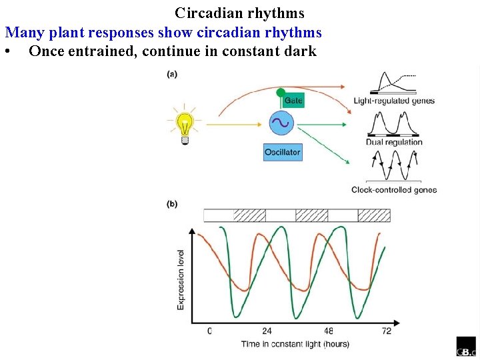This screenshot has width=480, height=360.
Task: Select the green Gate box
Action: [x=293, y=100]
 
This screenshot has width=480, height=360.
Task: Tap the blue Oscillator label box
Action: [x=283, y=152]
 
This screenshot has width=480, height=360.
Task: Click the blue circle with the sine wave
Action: [x=281, y=123]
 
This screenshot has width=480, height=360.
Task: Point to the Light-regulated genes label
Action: [x=394, y=101]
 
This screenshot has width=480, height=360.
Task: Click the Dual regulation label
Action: [x=394, y=142]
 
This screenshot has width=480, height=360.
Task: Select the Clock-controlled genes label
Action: [x=394, y=190]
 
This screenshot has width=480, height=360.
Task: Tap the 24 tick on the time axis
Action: [x=266, y=331]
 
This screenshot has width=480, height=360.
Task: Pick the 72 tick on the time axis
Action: [x=386, y=331]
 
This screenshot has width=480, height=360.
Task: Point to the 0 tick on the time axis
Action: [x=209, y=331]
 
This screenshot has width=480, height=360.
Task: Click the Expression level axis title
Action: [x=181, y=279]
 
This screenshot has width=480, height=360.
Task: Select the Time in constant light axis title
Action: [x=295, y=344]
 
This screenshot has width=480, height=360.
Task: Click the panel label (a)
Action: [x=172, y=74]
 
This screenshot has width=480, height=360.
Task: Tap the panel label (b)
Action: [x=172, y=204]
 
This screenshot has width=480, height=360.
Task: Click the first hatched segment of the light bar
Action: [x=249, y=215]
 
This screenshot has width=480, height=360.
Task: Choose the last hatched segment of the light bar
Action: [x=374, y=215]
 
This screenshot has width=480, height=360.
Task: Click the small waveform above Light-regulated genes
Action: [x=393, y=82]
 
